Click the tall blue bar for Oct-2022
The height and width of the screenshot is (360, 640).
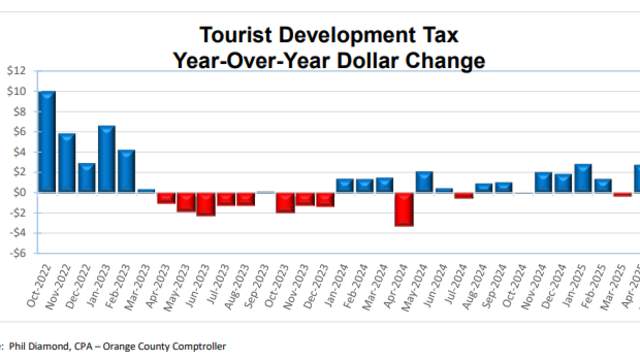coord(47,141)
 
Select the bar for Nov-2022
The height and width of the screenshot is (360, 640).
coord(67,162)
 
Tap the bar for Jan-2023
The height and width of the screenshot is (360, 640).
coord(107,159)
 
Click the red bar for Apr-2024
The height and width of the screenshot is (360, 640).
coord(404,209)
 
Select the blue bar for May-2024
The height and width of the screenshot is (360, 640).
coord(424,182)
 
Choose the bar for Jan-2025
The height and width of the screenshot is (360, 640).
coord(583,178)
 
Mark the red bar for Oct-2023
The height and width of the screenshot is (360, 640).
coord(285,202)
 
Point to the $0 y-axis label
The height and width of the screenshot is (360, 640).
coord(19,192)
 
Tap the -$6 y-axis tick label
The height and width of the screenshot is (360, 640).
coord(16,253)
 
